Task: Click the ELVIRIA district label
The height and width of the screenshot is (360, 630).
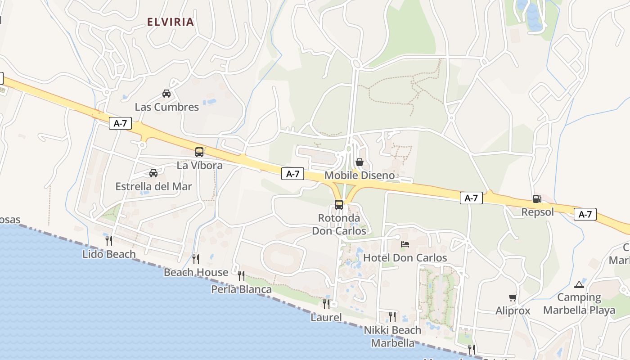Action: (x=171, y=22)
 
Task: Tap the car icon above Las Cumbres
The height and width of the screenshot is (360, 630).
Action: (x=166, y=94)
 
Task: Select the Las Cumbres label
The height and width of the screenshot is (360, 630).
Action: (x=167, y=107)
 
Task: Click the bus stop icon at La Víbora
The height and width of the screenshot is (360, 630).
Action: (x=199, y=152)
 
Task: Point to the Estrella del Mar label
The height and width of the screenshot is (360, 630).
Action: (x=153, y=186)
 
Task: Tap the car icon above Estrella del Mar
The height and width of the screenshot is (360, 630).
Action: (x=153, y=173)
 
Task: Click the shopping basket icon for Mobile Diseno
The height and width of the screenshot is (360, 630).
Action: (x=360, y=162)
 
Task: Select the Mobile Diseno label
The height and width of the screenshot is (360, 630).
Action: (x=360, y=175)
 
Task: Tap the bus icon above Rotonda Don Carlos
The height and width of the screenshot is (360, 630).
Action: (x=339, y=205)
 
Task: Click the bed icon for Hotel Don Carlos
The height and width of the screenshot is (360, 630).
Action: (x=405, y=244)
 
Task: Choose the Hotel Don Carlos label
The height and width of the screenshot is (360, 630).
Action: (x=405, y=258)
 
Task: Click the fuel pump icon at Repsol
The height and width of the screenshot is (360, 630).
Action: (x=537, y=198)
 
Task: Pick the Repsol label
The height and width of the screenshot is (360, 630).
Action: (x=538, y=212)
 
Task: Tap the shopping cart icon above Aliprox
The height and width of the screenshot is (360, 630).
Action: (x=513, y=297)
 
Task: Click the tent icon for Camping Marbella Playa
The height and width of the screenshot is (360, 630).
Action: (x=579, y=284)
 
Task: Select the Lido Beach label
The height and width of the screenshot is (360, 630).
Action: (x=109, y=254)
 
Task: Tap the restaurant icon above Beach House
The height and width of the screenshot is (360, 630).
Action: (x=196, y=259)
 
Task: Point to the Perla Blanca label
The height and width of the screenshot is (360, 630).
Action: (x=242, y=289)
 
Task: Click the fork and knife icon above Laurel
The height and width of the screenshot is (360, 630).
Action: (x=326, y=304)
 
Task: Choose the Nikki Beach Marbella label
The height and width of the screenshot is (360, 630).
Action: (x=392, y=337)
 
